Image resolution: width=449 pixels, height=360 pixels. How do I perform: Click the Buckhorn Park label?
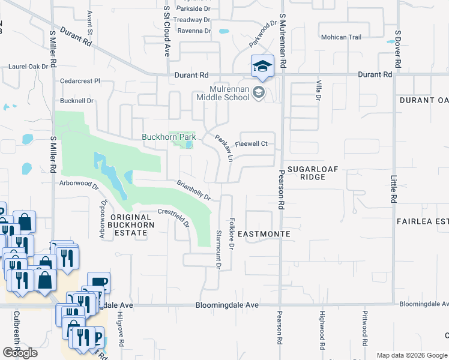[169, 137]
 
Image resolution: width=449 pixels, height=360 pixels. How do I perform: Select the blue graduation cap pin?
[262, 67]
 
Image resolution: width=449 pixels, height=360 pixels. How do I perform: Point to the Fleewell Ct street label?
[250, 144]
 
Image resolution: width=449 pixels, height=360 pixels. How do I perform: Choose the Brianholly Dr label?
[193, 190]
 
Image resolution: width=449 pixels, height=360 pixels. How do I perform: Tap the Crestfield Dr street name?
[173, 218]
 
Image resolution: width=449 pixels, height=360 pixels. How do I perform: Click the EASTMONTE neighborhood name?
[264, 233]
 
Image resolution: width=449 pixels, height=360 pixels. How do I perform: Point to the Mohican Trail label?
[341, 37]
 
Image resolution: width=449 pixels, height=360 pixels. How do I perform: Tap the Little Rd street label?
[394, 188]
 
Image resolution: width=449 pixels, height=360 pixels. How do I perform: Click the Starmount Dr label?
[218, 248]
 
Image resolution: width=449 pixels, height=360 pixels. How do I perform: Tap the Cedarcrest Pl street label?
[80, 80]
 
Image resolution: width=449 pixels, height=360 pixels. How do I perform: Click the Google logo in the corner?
[20, 353]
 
